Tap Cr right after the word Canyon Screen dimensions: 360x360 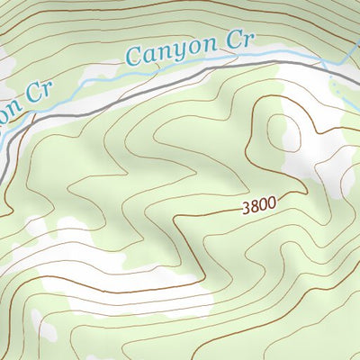pos(240,41)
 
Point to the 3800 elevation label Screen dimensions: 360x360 pos(259,206)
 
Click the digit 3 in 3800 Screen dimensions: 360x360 pos(246,209)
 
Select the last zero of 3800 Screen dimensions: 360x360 pos(272,203)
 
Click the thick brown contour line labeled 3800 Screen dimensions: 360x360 pos(207,215)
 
